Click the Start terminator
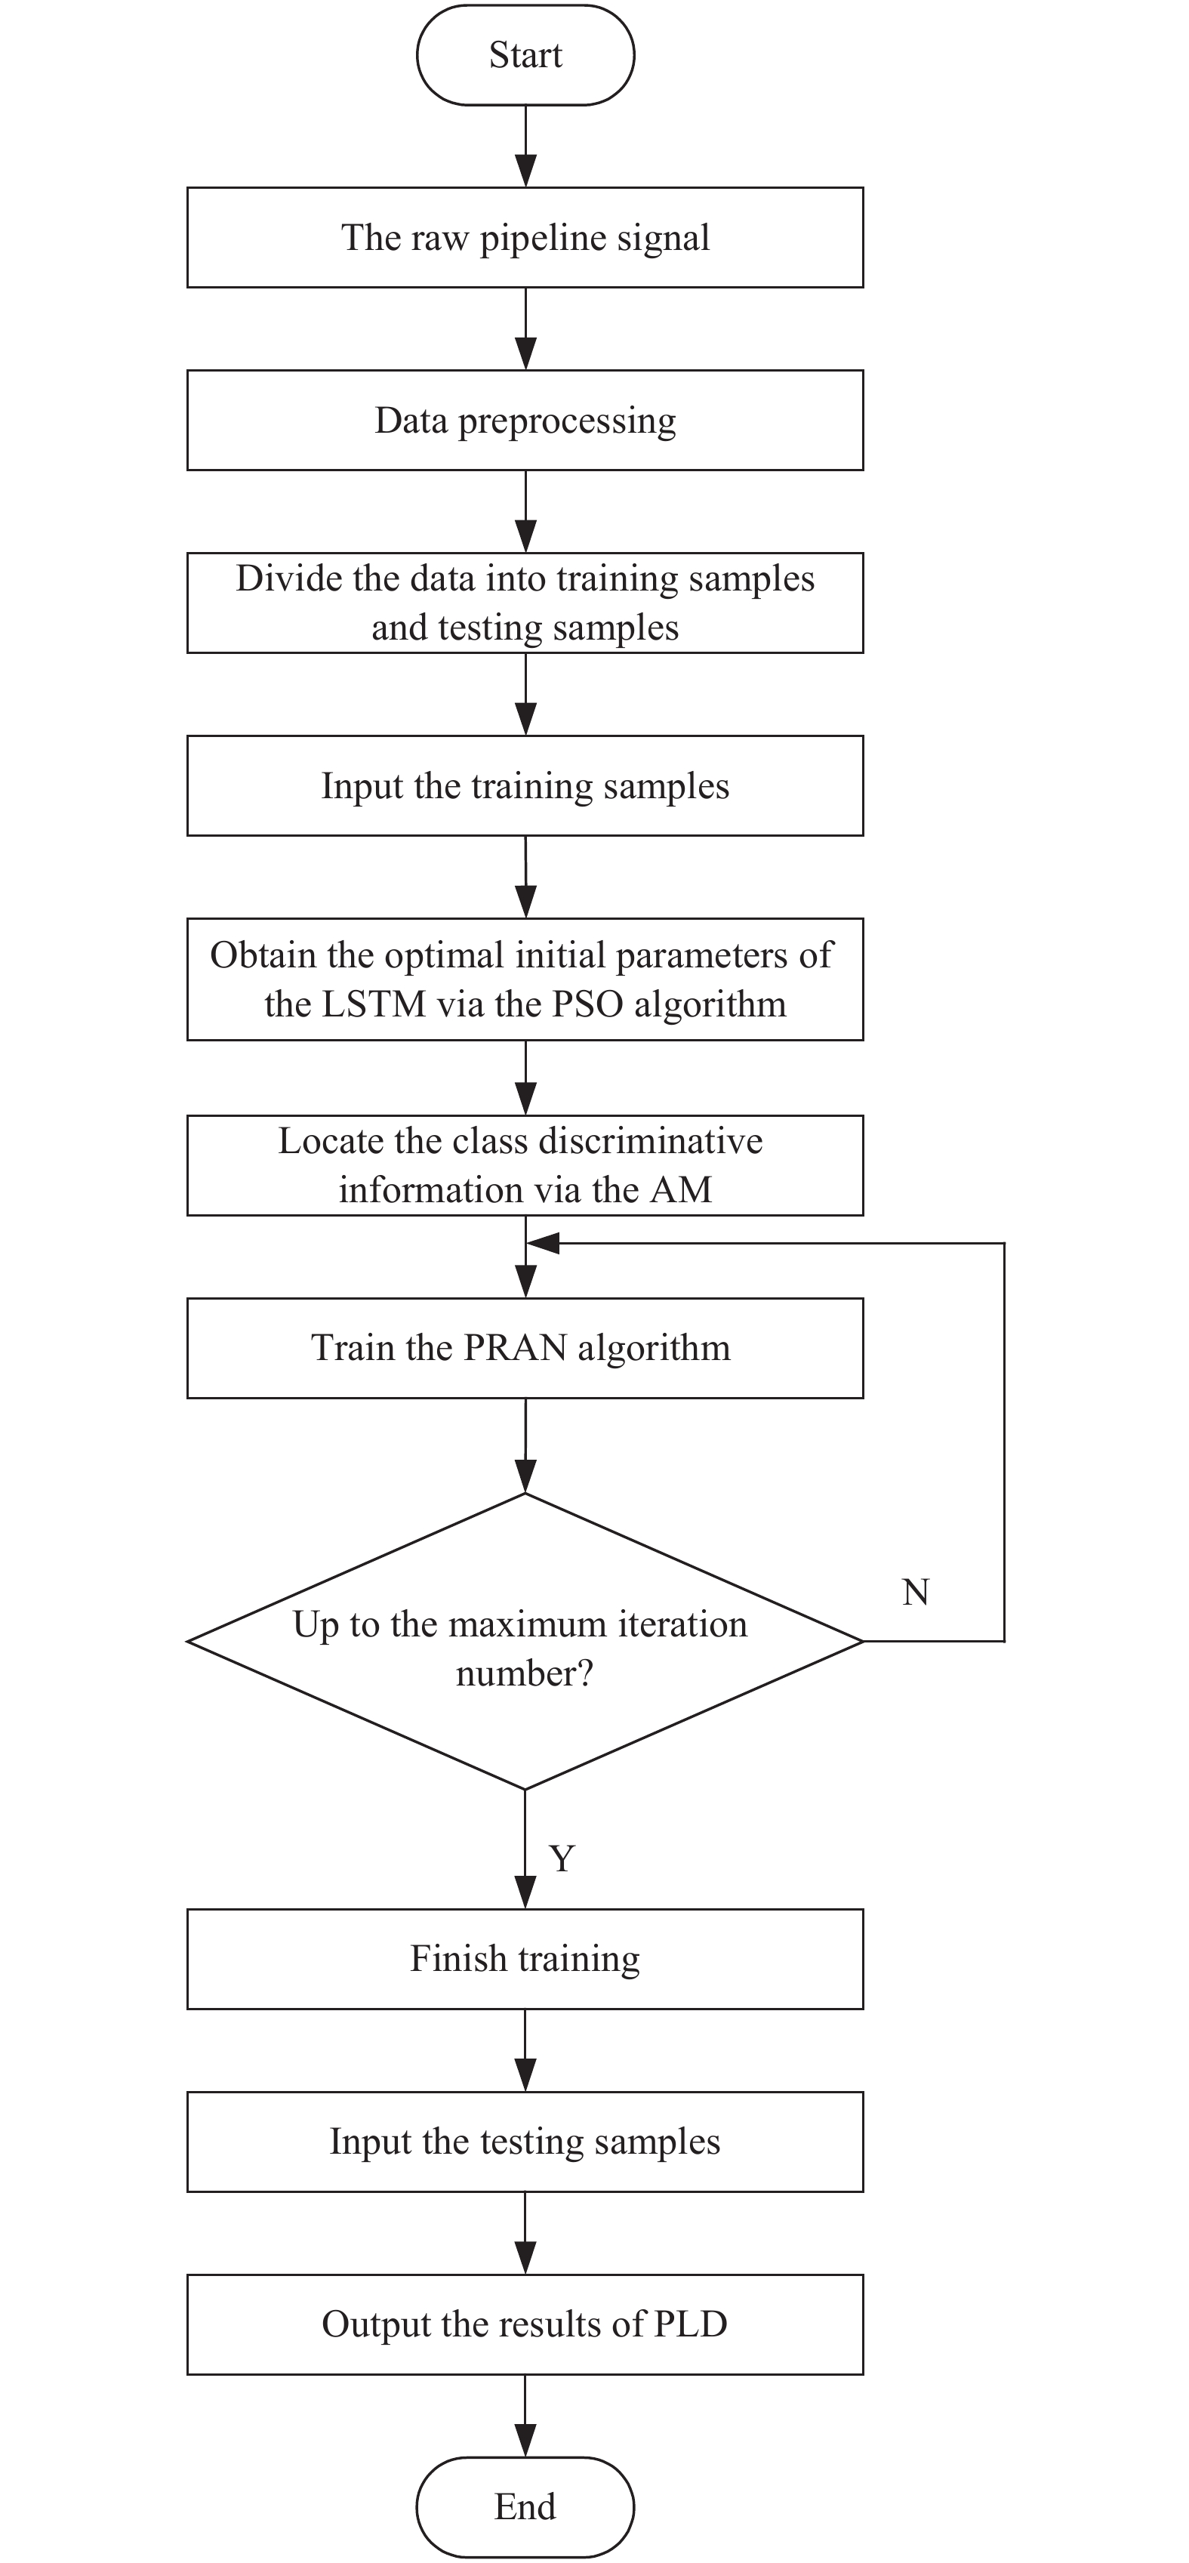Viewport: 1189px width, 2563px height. click(x=525, y=54)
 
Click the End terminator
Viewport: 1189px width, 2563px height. click(x=525, y=2506)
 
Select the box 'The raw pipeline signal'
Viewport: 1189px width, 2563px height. click(x=525, y=238)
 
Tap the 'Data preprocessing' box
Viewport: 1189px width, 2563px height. click(x=525, y=420)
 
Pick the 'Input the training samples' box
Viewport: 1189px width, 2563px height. click(x=525, y=786)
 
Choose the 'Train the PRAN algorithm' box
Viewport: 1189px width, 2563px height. click(x=525, y=1348)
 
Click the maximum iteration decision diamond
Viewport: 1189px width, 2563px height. click(x=525, y=1642)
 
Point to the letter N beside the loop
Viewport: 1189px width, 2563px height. click(x=916, y=1593)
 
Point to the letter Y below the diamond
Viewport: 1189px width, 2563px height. click(x=562, y=1858)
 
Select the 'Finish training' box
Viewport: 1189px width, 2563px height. click(x=525, y=1959)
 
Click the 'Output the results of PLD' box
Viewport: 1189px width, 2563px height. click(x=525, y=2324)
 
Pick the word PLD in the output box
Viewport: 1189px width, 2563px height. click(x=691, y=2324)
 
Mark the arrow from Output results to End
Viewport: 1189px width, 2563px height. click(x=525, y=2416)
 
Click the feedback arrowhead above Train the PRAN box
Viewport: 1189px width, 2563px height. click(x=544, y=1243)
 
